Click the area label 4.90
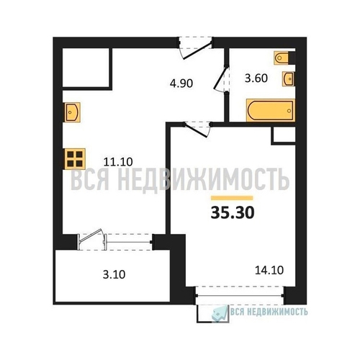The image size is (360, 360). coord(181,84)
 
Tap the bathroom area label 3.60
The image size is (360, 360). coord(256,78)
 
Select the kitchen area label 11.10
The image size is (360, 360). coord(118,162)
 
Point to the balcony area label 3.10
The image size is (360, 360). coord(114,274)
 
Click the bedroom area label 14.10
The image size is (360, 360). coord(269,270)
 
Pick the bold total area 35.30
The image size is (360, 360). coord(233,213)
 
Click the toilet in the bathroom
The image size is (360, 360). coord(282,58)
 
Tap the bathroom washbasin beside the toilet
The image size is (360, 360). coord(288,78)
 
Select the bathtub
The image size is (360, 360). coord(271,110)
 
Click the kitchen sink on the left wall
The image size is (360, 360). coord(71,112)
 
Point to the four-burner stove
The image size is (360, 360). coord(75,158)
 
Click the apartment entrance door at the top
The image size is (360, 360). coord(196,48)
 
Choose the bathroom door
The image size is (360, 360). coord(221,78)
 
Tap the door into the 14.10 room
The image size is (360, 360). coord(197,130)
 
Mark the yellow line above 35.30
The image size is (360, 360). coord(232,198)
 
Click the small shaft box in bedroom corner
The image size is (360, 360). coord(283,135)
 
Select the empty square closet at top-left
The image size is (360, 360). coord(87,68)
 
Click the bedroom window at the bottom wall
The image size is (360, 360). coord(240,295)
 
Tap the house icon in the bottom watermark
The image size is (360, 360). coord(220,313)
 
